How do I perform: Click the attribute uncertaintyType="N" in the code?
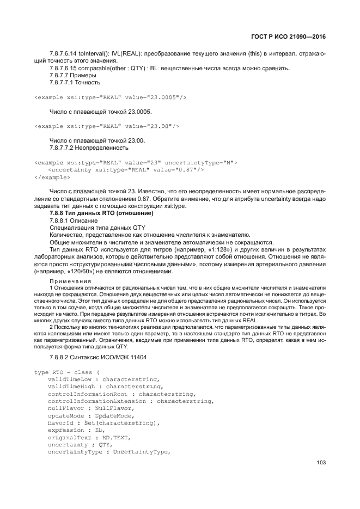coord(200,163)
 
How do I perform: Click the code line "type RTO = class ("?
coord(64,372)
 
